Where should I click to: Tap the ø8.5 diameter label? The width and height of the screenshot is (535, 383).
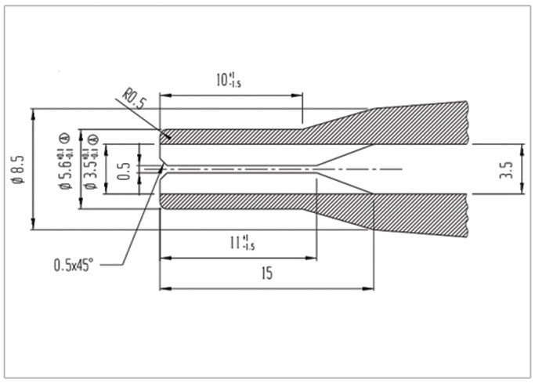coord(20,169)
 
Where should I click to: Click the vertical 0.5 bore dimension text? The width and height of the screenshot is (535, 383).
coord(124,169)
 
